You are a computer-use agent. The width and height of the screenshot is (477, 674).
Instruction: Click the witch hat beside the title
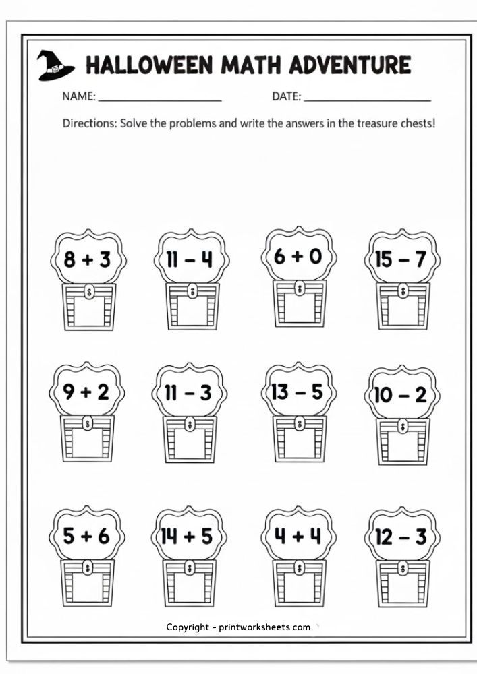pyautogui.click(x=55, y=65)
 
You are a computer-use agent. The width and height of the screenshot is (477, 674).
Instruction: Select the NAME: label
pyautogui.click(x=79, y=96)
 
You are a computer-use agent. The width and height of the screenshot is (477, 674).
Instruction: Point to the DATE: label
pyautogui.click(x=287, y=96)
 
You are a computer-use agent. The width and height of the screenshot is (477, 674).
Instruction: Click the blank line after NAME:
pyautogui.click(x=160, y=100)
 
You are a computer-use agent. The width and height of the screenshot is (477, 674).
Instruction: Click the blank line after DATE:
pyautogui.click(x=367, y=100)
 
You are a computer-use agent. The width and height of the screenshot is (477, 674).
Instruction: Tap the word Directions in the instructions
pyautogui.click(x=88, y=123)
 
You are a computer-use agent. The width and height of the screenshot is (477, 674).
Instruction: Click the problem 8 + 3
pyautogui.click(x=87, y=259)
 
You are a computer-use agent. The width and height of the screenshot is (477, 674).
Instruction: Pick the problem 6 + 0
pyautogui.click(x=298, y=257)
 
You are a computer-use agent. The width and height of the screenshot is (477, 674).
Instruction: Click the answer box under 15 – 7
pyautogui.click(x=403, y=311)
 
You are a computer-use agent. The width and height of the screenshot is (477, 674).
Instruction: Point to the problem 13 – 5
pyautogui.click(x=298, y=392)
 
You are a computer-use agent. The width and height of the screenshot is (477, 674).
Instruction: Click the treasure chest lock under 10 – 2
pyautogui.click(x=403, y=427)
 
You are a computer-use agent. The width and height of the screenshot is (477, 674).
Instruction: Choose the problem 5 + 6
pyautogui.click(x=86, y=536)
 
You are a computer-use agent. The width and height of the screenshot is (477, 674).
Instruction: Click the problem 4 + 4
pyautogui.click(x=298, y=536)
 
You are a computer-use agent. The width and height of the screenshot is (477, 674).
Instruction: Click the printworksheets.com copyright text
pyautogui.click(x=239, y=627)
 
